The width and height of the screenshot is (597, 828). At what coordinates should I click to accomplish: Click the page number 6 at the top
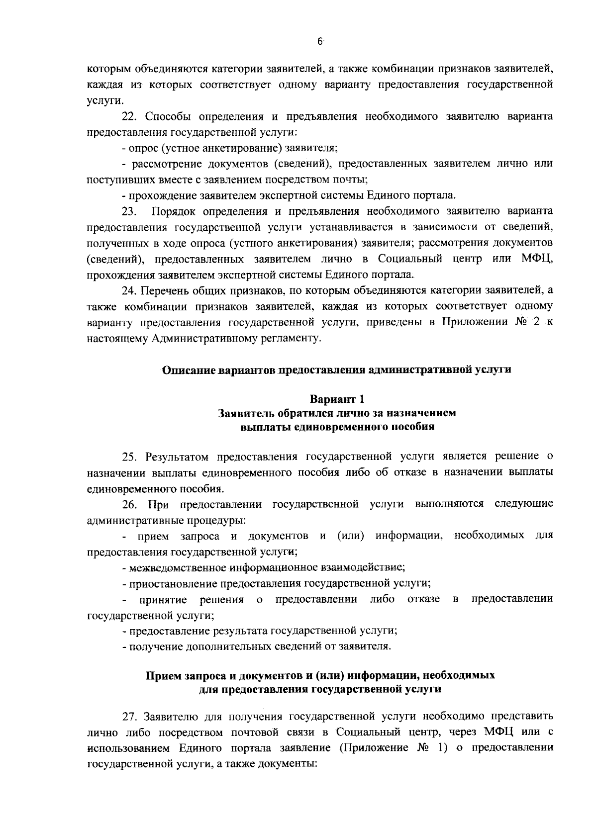pyautogui.click(x=320, y=42)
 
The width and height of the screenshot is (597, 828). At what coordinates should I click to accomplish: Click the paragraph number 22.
pyautogui.click(x=130, y=116)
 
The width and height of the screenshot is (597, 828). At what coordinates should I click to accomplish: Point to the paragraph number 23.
pyautogui.click(x=130, y=211)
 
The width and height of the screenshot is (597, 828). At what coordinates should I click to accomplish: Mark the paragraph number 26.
pyautogui.click(x=130, y=504)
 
